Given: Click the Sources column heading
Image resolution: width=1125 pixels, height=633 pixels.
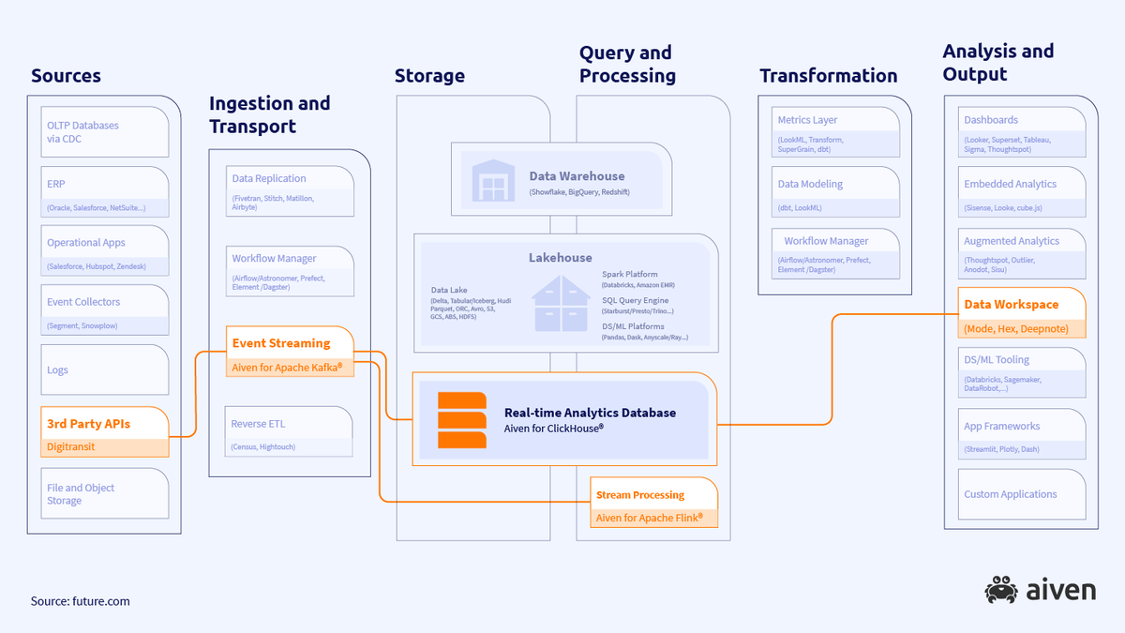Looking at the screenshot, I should click(x=66, y=76).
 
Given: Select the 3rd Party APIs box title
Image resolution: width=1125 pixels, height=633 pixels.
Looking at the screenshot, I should click(x=88, y=424).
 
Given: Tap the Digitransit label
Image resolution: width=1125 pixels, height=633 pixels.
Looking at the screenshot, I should click(x=70, y=447).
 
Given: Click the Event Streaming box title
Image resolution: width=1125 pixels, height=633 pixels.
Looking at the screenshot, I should click(x=281, y=343).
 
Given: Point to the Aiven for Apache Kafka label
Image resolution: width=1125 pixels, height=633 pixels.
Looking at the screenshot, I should click(x=287, y=367).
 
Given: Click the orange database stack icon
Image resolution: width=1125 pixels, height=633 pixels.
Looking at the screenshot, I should click(x=462, y=420).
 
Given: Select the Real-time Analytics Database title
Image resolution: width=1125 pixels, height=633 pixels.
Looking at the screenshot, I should click(x=590, y=413).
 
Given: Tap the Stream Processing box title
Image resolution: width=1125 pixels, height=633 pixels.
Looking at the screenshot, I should click(x=640, y=494).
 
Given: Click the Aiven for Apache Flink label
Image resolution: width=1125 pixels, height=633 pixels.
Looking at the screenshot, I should click(x=649, y=517).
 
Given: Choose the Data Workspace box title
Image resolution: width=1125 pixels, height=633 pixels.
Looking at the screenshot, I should click(x=1011, y=305).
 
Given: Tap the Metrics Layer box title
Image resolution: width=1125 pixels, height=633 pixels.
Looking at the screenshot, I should click(x=807, y=120).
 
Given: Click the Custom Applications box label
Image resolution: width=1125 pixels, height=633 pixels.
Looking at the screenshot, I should click(x=1010, y=494).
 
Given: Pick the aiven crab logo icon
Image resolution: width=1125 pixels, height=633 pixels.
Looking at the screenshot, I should click(x=1001, y=590).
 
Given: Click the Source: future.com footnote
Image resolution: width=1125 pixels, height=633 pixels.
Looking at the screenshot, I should click(x=80, y=601).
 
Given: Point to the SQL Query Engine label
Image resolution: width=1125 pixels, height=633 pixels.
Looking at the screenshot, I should click(x=644, y=300).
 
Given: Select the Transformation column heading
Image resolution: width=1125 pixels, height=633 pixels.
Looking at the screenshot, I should click(x=828, y=76).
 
